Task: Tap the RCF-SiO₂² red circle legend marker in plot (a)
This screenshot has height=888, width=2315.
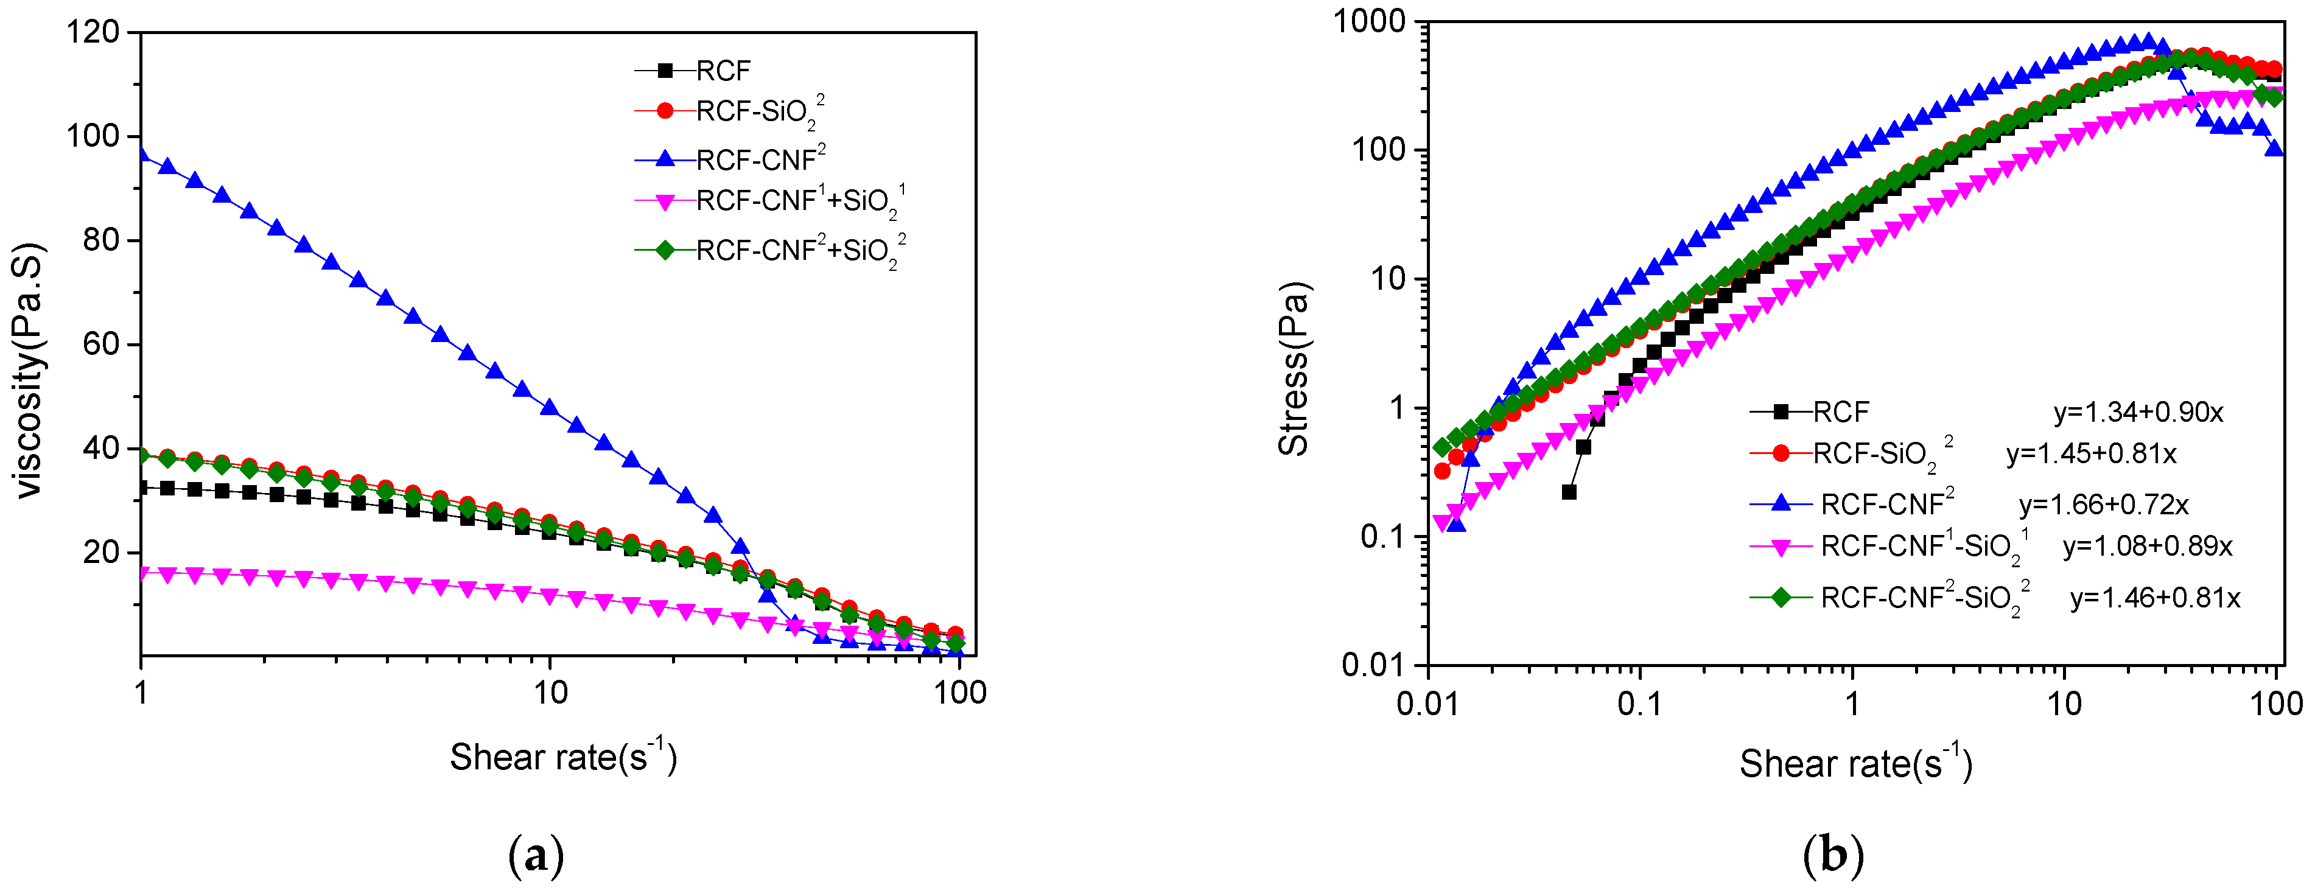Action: pyautogui.click(x=665, y=111)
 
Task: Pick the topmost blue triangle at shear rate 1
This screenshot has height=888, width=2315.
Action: pyautogui.click(x=141, y=154)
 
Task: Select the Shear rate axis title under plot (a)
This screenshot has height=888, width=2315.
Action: pyautogui.click(x=564, y=756)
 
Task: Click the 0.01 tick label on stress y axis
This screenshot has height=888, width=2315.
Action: pyautogui.click(x=1372, y=665)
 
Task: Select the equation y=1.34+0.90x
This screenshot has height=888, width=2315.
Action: pyautogui.click(x=2138, y=413)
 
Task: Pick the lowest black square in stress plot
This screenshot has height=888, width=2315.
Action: pyautogui.click(x=1569, y=492)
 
